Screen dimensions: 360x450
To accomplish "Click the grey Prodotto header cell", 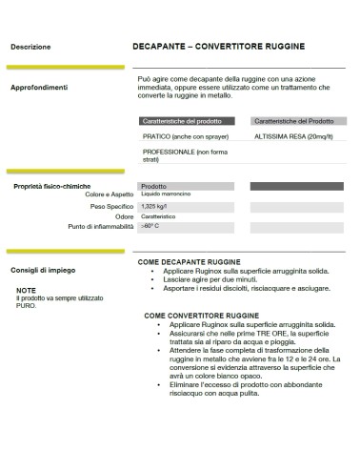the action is (153, 186).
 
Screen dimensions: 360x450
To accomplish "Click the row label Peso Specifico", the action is (112, 206).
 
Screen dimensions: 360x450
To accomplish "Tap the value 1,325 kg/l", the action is (154, 206).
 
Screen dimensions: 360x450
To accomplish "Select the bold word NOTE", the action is (26, 289).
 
